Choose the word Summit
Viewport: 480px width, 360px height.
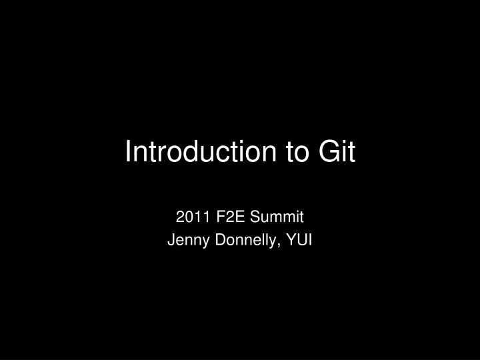pyautogui.click(x=279, y=217)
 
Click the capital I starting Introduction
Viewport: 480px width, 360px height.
pyautogui.click(x=129, y=153)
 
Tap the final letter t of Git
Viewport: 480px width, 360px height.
pyautogui.click(x=351, y=153)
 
